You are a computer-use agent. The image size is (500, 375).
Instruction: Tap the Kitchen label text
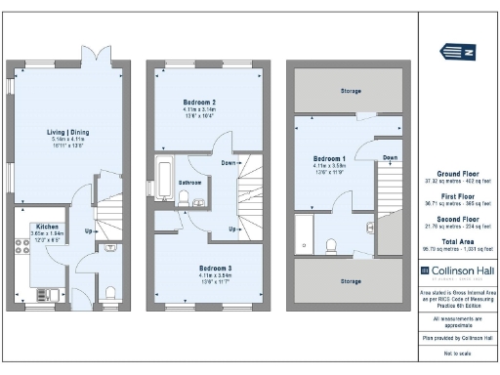pyautogui.click(x=48, y=227)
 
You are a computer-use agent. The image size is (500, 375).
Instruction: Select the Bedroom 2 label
pyautogui.click(x=199, y=103)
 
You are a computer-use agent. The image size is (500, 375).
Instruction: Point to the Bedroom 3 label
pyautogui.click(x=200, y=268)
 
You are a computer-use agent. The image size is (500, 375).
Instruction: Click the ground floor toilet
pyautogui.click(x=110, y=292)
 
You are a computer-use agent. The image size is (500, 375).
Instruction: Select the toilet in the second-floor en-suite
pyautogui.click(x=333, y=242)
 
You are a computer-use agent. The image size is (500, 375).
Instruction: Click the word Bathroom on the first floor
pyautogui.click(x=189, y=183)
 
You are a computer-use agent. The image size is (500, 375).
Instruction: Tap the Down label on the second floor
pyautogui.click(x=390, y=156)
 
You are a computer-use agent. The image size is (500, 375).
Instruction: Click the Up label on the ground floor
pyautogui.click(x=89, y=232)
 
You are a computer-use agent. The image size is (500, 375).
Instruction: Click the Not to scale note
pyautogui.click(x=455, y=353)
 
